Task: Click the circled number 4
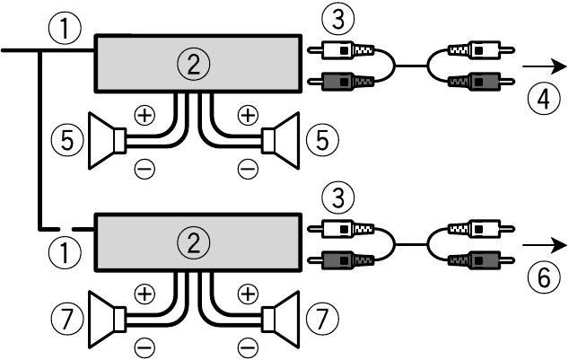pos(538,97)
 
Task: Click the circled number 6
pos(538,278)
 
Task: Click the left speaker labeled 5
pos(108,142)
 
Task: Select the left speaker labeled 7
pos(108,320)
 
